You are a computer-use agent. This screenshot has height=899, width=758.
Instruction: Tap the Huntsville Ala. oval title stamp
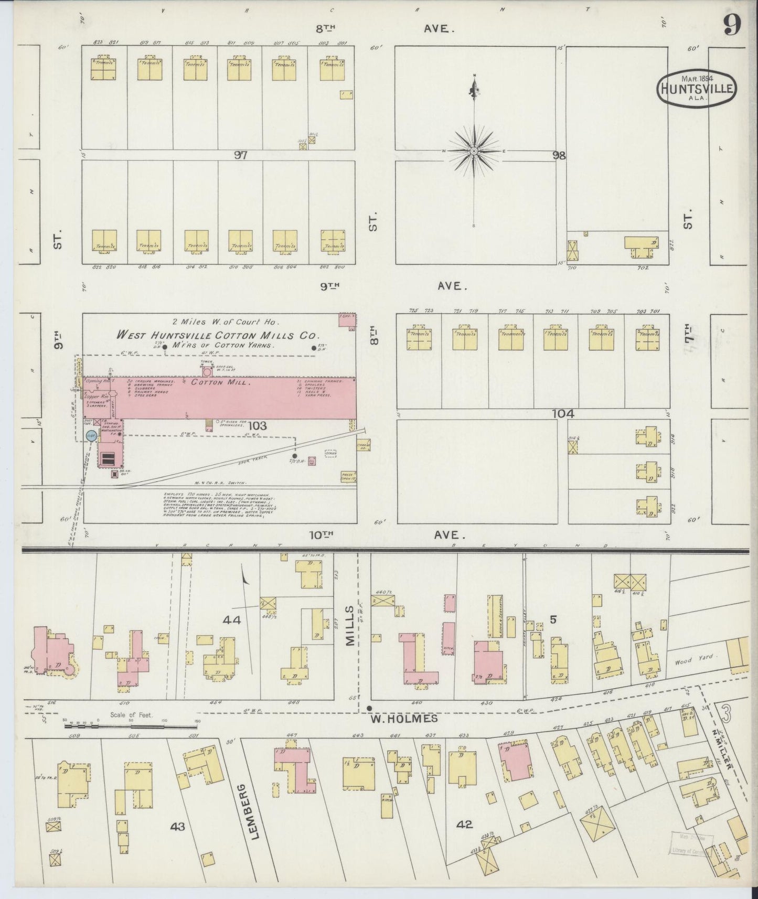697,89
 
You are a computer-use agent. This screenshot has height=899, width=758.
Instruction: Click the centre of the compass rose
474,151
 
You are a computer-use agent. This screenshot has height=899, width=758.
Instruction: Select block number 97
241,155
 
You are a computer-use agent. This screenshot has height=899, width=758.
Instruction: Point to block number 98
559,155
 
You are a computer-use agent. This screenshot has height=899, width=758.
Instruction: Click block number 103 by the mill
258,426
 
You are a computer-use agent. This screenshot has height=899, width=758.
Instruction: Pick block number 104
563,414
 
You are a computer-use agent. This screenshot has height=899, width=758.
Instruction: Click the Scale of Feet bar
131,726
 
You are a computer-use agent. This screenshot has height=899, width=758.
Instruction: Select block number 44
231,620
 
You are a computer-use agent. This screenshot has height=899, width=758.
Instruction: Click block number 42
464,825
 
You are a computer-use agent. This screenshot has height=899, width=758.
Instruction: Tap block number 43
177,827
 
